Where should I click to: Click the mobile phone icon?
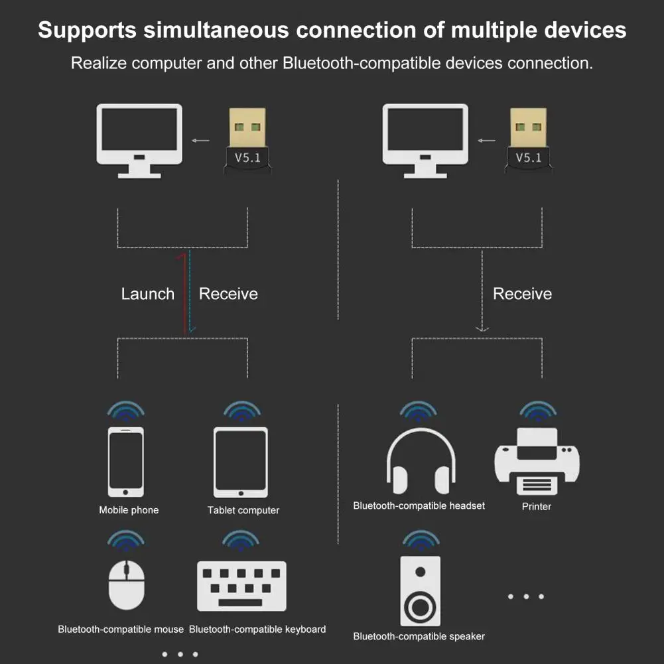[x=126, y=462]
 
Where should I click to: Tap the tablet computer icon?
[x=241, y=462]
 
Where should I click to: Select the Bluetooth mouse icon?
[x=126, y=585]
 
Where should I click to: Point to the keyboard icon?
[x=242, y=586]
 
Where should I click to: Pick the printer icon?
[x=537, y=461]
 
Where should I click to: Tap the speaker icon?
[x=420, y=591]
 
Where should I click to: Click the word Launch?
[x=148, y=293]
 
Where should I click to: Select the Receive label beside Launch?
[x=228, y=293]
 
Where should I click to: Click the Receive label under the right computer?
[x=522, y=293]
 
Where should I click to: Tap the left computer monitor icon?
[x=139, y=141]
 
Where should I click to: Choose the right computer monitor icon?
[x=425, y=141]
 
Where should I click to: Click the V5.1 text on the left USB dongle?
[x=247, y=157]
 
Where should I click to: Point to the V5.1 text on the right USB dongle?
[x=529, y=157]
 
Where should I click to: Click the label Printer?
[x=537, y=507]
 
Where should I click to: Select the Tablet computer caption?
[x=243, y=510]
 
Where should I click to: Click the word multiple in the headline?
[x=494, y=30]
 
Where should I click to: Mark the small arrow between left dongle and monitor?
[x=200, y=141]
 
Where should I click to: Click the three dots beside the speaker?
[x=526, y=596]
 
